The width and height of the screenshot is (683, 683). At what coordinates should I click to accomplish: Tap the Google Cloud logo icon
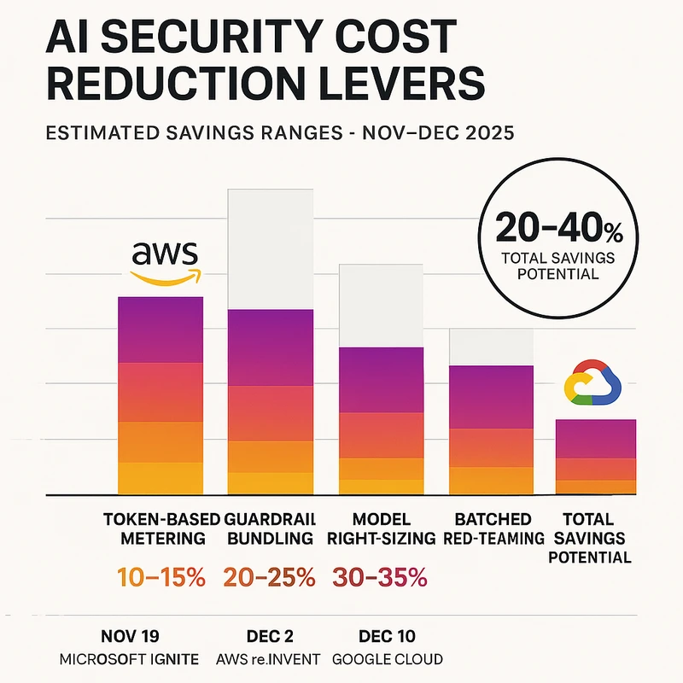coord(595,382)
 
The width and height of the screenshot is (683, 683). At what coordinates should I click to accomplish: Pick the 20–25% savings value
coord(269,577)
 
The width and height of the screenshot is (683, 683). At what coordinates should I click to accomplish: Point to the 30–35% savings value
coord(381,577)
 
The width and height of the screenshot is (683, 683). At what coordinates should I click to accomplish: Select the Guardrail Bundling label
coord(269,528)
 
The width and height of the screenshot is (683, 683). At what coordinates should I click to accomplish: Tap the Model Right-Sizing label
coord(381,528)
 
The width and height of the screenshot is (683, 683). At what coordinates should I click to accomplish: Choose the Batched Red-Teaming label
coord(493,528)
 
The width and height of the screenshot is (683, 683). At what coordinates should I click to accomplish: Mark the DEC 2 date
coord(269,635)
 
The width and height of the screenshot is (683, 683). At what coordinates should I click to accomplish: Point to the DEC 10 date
coord(381,635)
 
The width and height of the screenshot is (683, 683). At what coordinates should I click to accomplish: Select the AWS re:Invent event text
coord(269,659)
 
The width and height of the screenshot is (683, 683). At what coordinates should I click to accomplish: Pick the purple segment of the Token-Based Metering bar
coord(160,330)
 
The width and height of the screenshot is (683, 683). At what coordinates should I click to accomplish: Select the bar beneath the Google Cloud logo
coord(596,456)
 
